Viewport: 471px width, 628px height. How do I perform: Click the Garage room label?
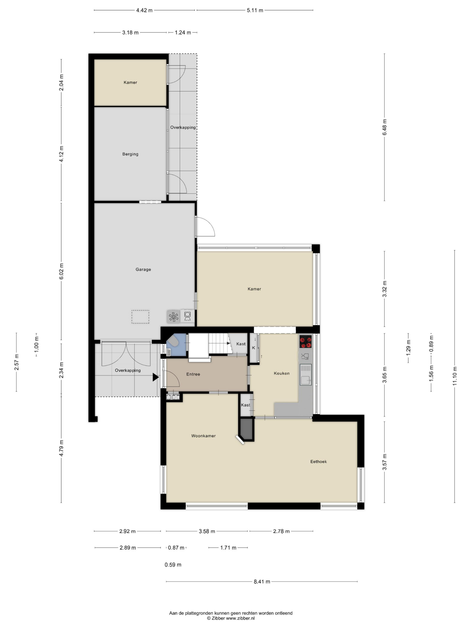143,269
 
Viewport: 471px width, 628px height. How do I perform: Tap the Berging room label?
130,154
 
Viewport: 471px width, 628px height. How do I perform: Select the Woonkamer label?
203,436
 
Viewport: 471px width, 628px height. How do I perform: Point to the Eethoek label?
318,462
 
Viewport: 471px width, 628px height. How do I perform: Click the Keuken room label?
282,373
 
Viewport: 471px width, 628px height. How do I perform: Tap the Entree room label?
193,374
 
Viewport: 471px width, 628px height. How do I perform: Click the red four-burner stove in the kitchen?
305,341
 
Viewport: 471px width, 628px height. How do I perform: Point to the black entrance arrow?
156,377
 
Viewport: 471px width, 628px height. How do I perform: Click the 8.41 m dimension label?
262,581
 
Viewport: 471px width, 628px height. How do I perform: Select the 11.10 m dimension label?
455,376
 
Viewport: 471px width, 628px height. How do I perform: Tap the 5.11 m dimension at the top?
255,11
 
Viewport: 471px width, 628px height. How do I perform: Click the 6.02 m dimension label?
61,271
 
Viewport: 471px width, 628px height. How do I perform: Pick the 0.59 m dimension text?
173,565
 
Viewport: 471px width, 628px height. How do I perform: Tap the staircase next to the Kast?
219,343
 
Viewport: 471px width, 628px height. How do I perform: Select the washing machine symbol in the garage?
187,316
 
